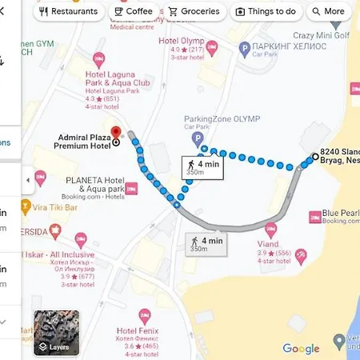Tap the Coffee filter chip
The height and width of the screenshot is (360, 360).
tap(133, 12)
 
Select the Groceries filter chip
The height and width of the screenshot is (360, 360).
tap(194, 12)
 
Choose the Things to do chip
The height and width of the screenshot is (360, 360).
tap(266, 12)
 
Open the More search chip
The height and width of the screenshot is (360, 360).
tap(328, 12)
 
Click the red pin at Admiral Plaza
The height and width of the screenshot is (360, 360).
tap(114, 132)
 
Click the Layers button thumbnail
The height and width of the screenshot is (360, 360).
tap(56, 333)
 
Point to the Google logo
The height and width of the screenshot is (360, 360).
tap(301, 348)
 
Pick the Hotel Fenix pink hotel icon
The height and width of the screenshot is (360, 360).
tap(144, 314)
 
